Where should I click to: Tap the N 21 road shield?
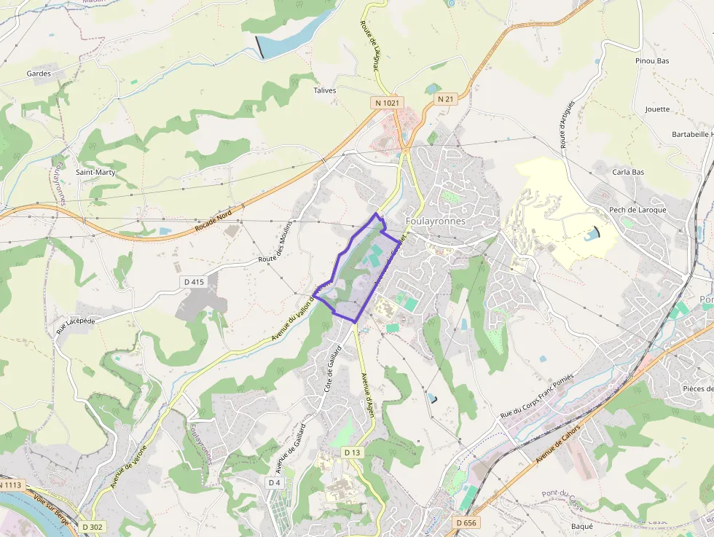(x=446, y=98)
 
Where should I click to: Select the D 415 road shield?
(x=194, y=281)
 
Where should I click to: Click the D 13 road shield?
(x=352, y=452)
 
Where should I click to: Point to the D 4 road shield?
(x=274, y=482)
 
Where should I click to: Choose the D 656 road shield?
(x=466, y=522)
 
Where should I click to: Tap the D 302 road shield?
(x=93, y=526)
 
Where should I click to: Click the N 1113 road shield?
(x=10, y=485)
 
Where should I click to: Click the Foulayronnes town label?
(x=436, y=221)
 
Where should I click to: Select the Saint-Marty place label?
(x=95, y=172)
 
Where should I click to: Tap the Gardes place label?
(x=39, y=74)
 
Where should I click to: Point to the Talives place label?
(x=324, y=90)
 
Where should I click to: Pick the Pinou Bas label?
(x=652, y=61)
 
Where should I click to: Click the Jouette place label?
(x=657, y=109)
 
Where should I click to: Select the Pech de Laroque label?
(x=637, y=210)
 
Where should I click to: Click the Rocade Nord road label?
(x=213, y=222)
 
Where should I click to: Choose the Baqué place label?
(x=582, y=525)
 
